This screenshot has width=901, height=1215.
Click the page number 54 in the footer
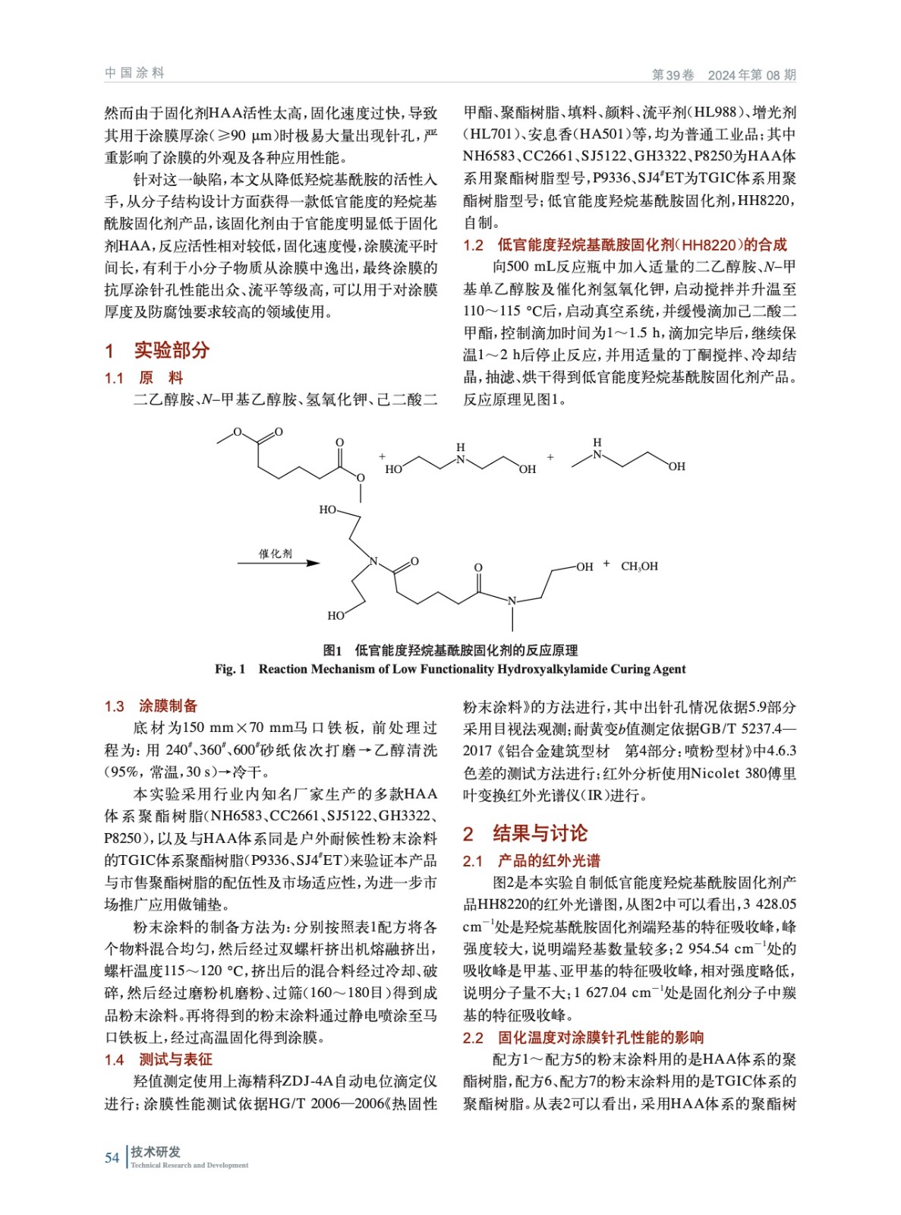coord(112,1157)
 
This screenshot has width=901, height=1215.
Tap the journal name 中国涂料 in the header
coord(134,73)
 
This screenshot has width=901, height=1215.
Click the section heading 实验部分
coord(172,350)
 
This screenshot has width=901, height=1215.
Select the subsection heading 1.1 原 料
coord(143,377)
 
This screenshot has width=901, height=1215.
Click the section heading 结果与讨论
coord(540,833)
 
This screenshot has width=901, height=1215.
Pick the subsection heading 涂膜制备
coord(168,705)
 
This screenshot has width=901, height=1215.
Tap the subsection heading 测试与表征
coord(175,1059)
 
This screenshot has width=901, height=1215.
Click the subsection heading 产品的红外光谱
coord(549,860)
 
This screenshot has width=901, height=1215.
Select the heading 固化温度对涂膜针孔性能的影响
coord(600,1037)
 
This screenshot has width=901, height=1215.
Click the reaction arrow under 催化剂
coord(278,563)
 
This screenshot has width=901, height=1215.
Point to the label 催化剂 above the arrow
coord(276,554)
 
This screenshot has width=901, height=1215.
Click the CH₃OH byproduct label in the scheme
coord(639,566)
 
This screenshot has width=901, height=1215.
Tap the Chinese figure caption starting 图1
coord(450,650)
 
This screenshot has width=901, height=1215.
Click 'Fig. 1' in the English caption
coord(230,669)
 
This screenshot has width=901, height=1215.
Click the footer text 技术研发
coord(156,1151)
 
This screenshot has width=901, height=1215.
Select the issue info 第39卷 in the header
coord(673,74)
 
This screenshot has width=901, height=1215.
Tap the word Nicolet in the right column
coord(715,773)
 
